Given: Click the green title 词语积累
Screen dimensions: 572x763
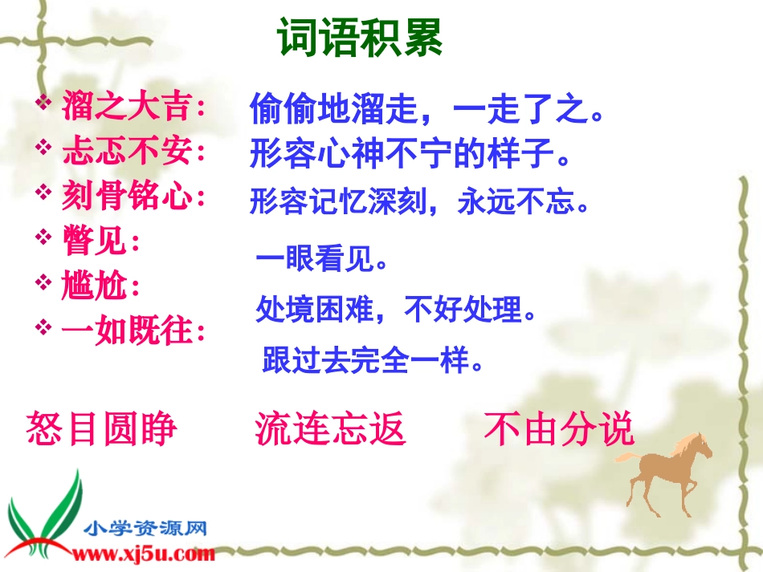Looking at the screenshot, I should (360, 38).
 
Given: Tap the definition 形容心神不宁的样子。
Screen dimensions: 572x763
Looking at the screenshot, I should (410, 154).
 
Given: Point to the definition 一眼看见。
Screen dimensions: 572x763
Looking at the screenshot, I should (322, 260).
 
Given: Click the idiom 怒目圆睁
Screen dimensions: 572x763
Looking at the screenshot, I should (102, 429).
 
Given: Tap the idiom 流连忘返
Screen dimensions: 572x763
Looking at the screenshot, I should (330, 429).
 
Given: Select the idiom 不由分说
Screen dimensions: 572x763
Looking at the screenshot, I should (559, 429).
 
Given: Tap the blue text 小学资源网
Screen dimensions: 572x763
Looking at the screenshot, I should (146, 529).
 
